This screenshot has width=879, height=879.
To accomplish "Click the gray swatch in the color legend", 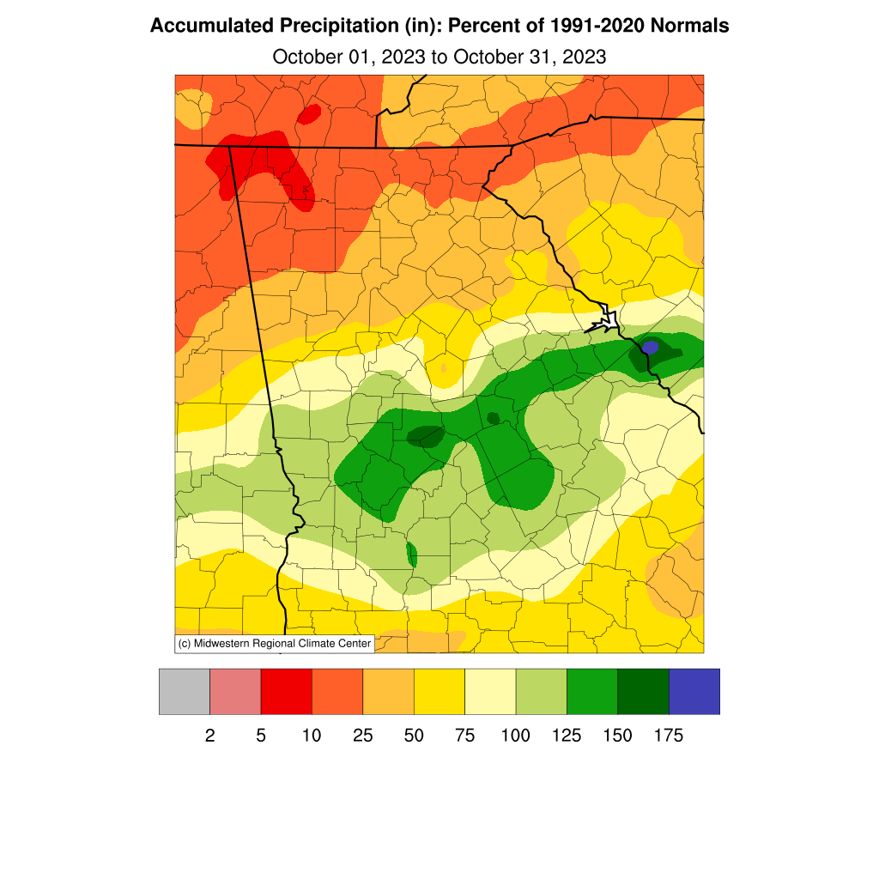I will (x=185, y=692).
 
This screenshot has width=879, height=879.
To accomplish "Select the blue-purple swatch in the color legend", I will (x=694, y=692).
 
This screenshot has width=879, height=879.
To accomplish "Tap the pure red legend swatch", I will (x=286, y=692).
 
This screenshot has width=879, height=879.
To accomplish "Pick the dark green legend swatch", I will (x=643, y=692).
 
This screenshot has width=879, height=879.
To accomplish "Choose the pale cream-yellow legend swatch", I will (x=490, y=692).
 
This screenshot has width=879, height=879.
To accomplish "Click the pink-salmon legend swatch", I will (x=235, y=692).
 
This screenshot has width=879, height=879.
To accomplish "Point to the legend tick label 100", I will (x=516, y=736).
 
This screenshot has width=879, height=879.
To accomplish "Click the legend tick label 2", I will (x=209, y=736).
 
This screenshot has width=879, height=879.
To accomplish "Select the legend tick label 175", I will (x=669, y=736).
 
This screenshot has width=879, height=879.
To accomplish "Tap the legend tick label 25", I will (x=363, y=736).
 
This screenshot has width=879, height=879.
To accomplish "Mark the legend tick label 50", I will (x=414, y=736).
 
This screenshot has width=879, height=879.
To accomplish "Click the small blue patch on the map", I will (x=651, y=347).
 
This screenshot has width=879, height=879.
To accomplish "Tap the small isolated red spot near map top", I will (x=309, y=113).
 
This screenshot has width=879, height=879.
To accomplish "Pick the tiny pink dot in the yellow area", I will (x=444, y=367).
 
